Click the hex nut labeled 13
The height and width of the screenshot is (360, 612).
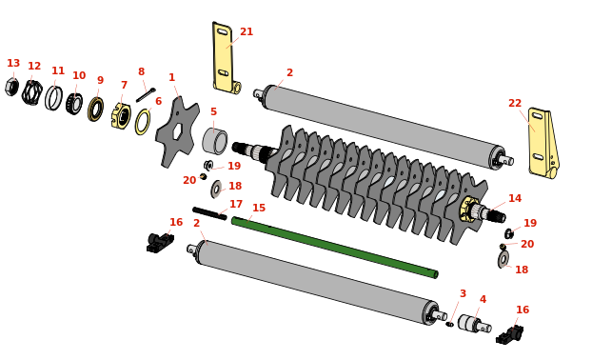click(11, 87)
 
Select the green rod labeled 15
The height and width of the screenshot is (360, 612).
click(334, 248)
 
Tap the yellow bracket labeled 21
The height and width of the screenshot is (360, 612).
click(226, 58)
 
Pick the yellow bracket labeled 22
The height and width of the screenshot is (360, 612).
click(543, 143)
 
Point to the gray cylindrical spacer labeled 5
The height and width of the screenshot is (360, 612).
click(215, 141)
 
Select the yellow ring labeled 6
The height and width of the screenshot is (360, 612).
click(143, 122)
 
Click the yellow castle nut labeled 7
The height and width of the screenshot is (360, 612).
click(121, 115)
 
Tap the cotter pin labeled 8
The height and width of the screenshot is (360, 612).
click(146, 95)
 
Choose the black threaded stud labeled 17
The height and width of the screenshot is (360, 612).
click(209, 213)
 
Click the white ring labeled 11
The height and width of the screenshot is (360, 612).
click(54, 98)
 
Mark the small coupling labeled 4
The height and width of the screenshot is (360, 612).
click(474, 324)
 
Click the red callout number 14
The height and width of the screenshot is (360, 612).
click(515, 198)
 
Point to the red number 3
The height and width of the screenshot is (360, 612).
click(463, 293)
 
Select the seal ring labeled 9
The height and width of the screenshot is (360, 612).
click(95, 110)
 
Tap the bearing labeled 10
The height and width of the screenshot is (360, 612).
click(74, 104)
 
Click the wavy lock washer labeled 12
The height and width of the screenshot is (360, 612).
click(32, 92)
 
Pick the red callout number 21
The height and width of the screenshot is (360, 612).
click(247, 31)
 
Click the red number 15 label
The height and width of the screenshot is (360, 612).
click(259, 208)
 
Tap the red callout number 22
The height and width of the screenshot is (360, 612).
click(515, 103)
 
